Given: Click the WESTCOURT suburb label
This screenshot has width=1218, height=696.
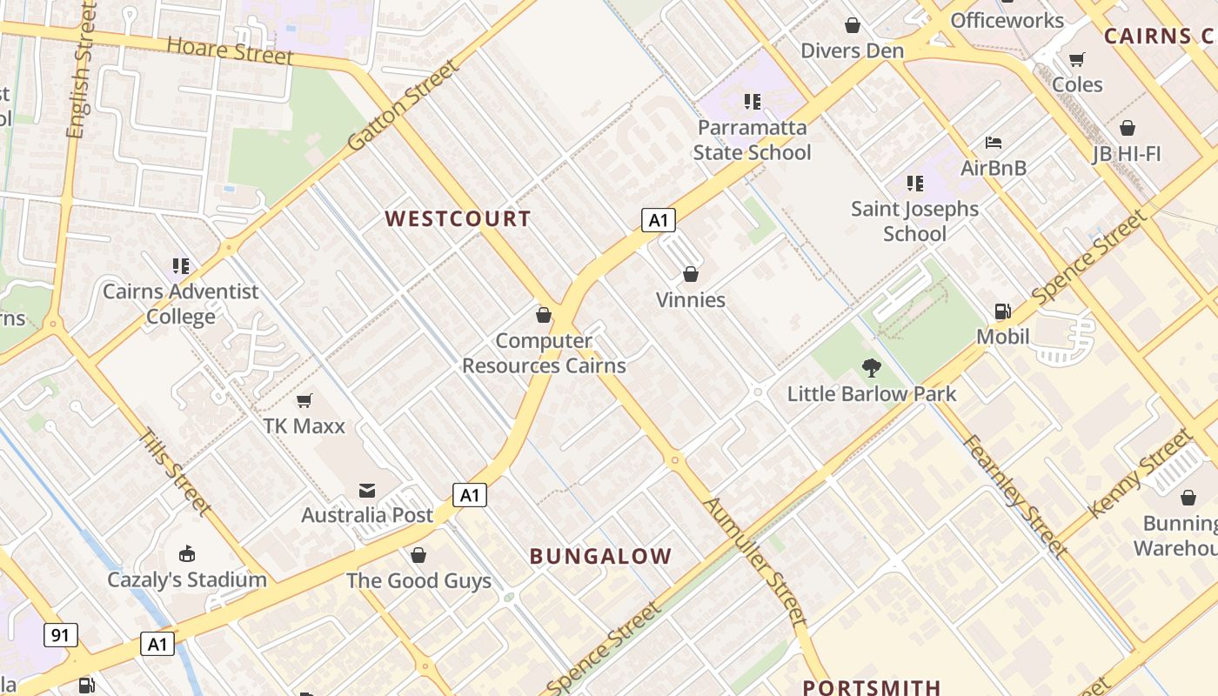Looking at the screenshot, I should (458, 218).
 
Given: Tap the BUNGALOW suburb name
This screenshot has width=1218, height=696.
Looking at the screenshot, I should (600, 556).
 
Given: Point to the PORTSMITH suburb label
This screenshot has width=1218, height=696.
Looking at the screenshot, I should (872, 687).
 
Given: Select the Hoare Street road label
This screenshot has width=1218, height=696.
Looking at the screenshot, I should (230, 50).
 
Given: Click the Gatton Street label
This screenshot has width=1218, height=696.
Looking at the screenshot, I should (402, 106).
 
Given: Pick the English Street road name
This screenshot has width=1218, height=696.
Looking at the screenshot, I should (80, 70).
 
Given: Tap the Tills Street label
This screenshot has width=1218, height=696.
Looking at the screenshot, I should (177, 471).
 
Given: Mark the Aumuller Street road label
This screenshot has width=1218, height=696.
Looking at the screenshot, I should (755, 561).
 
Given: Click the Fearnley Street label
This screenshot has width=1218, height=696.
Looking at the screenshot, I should (1014, 495).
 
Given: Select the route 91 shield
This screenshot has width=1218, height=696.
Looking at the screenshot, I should (59, 635).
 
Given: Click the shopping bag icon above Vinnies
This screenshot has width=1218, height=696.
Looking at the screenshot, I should (691, 274).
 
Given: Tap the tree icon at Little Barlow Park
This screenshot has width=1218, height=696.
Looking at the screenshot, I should (871, 368).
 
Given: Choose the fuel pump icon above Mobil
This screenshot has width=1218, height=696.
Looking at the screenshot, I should (1002, 311).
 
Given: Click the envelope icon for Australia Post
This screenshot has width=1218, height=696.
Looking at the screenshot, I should (366, 491).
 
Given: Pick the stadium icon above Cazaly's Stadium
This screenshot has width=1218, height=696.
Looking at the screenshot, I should (186, 554).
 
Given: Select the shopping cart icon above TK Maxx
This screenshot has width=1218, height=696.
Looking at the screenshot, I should (304, 400).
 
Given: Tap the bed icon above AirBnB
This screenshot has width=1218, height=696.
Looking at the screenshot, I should (994, 143).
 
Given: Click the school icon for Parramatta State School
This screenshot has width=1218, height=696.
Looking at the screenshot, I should (753, 102).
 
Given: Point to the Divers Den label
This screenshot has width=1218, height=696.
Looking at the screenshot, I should (852, 50).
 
